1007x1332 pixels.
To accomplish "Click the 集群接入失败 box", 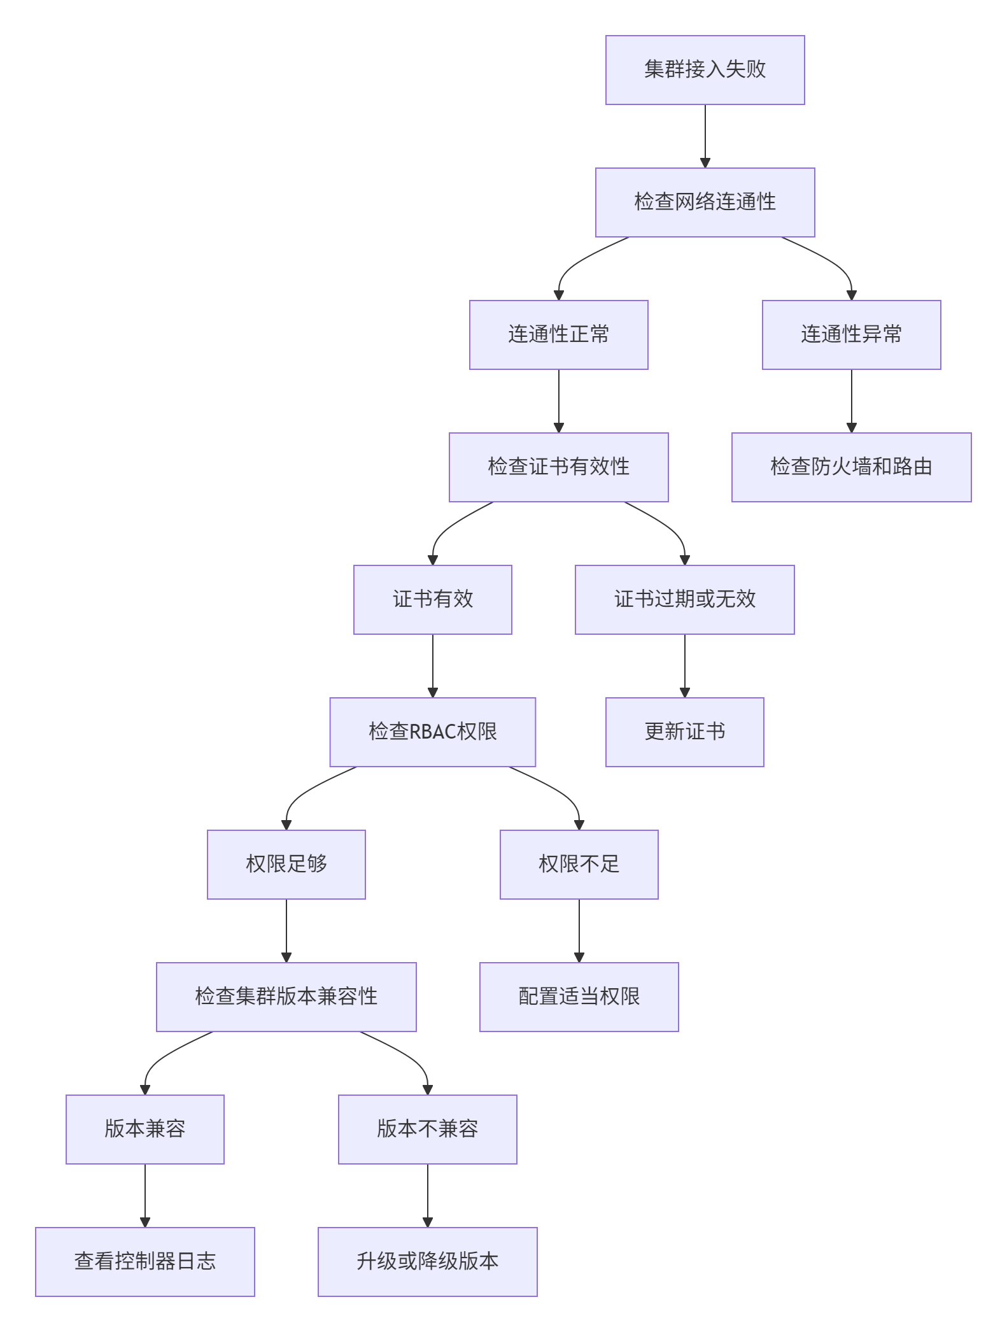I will tap(705, 70).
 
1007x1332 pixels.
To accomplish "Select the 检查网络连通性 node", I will tap(705, 202).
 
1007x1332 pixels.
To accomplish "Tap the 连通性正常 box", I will tap(558, 335).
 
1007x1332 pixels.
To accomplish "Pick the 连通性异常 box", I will tap(851, 335).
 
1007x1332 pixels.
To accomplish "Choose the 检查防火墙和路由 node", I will tap(851, 467).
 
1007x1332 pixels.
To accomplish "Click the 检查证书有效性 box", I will tap(558, 467).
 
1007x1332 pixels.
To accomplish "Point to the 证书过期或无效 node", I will tap(684, 600).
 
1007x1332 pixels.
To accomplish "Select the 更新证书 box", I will tap(684, 732).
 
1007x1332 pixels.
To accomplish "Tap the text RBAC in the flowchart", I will tap(433, 732).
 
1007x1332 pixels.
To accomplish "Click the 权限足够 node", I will tap(286, 865).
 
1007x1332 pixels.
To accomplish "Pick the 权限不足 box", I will tap(579, 865).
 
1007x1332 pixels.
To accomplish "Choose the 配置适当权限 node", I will tap(579, 997).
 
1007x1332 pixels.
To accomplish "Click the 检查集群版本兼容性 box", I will tap(286, 997).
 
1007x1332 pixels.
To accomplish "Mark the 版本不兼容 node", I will tap(427, 1130).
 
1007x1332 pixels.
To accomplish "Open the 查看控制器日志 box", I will tap(144, 1262).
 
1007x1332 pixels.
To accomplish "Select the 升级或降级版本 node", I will tap(427, 1262).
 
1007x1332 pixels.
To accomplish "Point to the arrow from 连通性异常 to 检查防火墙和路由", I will tap(851, 400).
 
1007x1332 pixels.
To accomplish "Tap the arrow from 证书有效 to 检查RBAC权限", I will tap(433, 665).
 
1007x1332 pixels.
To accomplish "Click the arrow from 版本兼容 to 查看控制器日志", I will tap(144, 1195).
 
